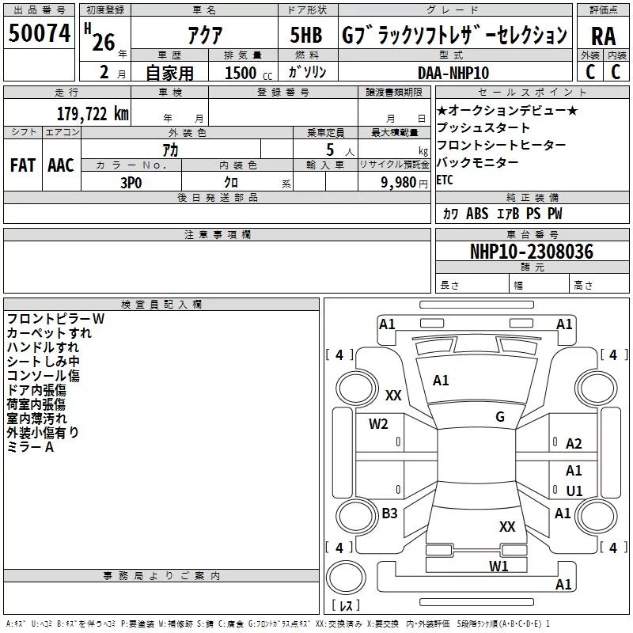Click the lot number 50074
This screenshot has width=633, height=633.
(x=40, y=33)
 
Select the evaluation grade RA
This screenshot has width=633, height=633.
(x=603, y=36)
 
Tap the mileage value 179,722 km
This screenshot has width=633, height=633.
(x=93, y=114)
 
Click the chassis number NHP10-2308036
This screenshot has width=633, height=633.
(x=532, y=252)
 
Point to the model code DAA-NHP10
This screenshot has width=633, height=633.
(x=453, y=73)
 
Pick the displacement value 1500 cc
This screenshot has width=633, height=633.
(x=248, y=73)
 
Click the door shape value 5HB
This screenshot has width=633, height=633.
(x=306, y=35)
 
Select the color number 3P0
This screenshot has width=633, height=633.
(x=131, y=183)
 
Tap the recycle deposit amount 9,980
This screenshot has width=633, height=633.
(x=399, y=183)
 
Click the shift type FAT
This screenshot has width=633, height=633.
(x=23, y=165)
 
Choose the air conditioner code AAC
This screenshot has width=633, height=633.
(x=61, y=165)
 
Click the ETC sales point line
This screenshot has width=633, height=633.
(x=445, y=180)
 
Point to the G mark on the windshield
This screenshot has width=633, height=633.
(x=500, y=416)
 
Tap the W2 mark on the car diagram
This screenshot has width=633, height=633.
(x=378, y=424)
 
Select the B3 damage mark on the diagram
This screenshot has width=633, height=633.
(x=389, y=513)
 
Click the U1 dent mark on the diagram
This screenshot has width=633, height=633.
(x=574, y=491)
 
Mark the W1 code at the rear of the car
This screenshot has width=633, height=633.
(x=498, y=566)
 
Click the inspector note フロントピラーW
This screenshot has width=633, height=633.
(x=55, y=319)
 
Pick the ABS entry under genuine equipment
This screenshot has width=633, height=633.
(x=477, y=214)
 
